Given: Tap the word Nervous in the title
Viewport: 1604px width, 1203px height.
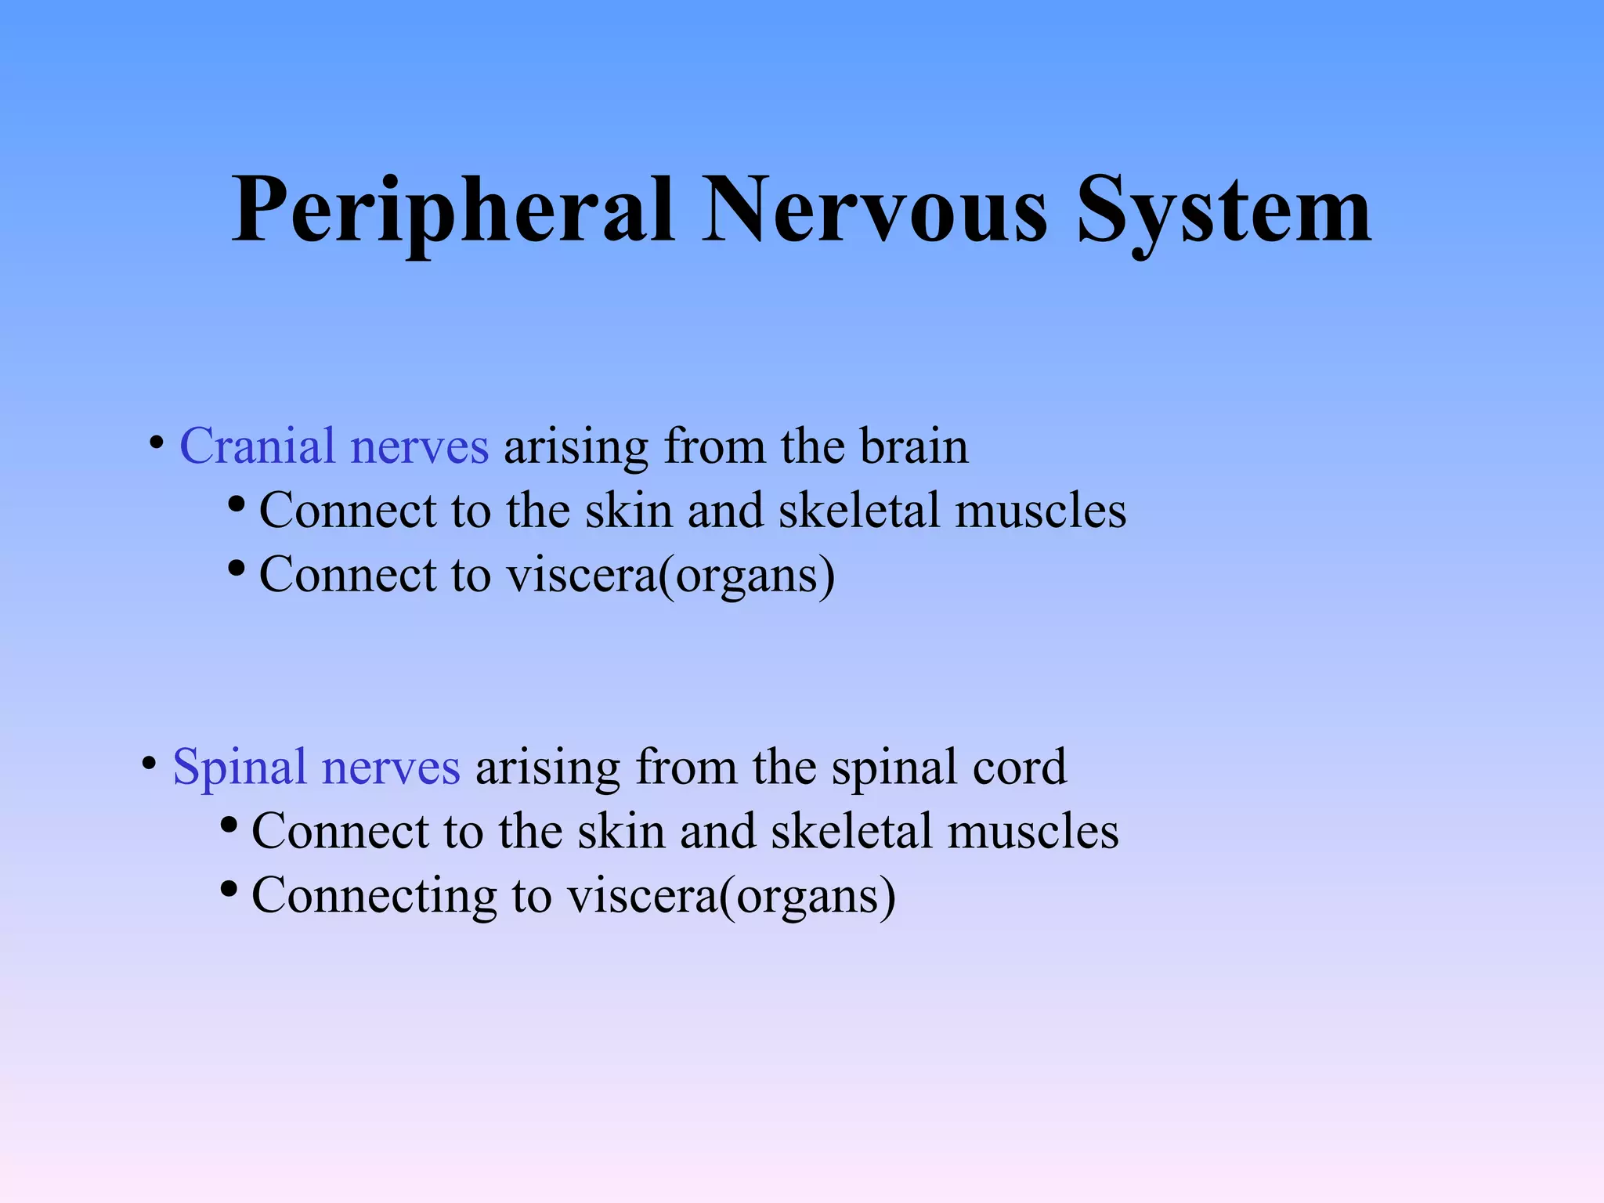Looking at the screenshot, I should tap(874, 210).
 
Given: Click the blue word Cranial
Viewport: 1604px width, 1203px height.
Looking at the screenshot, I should tap(257, 446).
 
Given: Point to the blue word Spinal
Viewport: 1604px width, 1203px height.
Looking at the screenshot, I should tap(239, 767).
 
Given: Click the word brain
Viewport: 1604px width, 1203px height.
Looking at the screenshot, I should tap(914, 446).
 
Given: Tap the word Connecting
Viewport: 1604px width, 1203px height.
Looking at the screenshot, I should tap(374, 895).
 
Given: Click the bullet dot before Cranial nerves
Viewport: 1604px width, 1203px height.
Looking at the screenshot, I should tap(157, 443).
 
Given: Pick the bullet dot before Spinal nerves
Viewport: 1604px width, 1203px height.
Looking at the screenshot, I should tap(149, 763).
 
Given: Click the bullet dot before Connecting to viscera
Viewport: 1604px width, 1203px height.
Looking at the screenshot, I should tap(229, 890).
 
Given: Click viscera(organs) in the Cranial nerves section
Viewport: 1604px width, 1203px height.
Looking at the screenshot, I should tap(670, 576).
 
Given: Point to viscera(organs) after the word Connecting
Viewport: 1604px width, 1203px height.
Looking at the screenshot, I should tap(731, 896).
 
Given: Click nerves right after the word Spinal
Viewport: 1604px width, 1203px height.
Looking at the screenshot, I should tap(390, 767).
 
